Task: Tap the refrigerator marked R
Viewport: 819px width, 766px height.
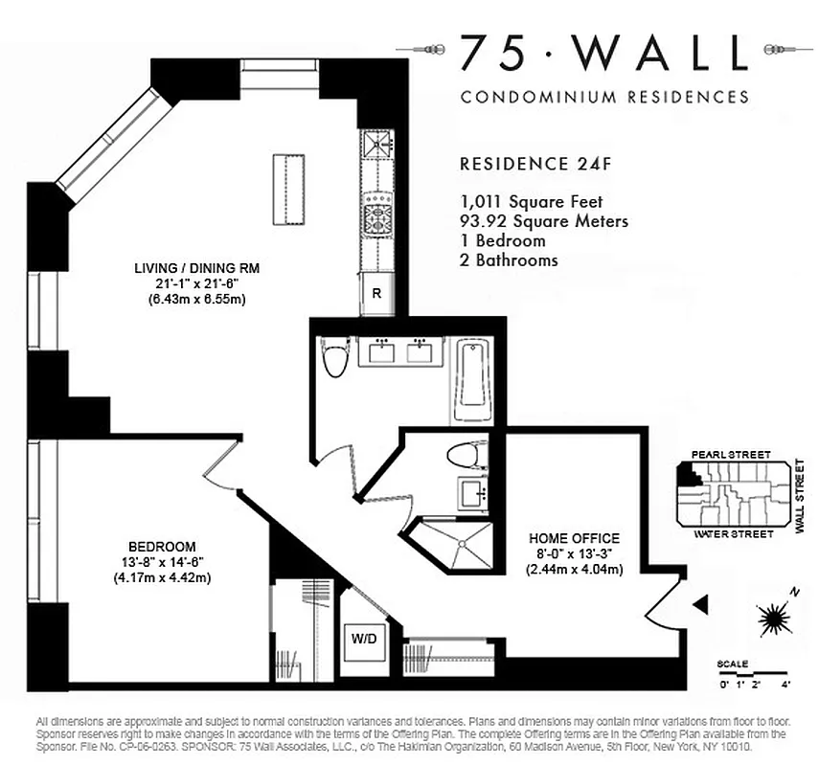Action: click(x=376, y=294)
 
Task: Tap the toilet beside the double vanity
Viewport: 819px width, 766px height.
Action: click(x=335, y=361)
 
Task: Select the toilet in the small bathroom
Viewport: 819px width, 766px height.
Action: click(x=469, y=456)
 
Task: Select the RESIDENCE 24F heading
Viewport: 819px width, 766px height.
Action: click(x=535, y=163)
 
